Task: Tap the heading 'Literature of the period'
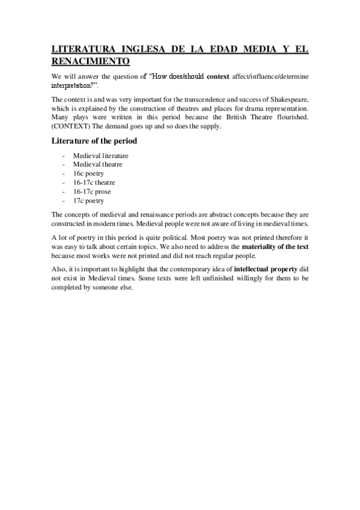(94, 141)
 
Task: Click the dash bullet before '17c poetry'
(63, 200)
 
